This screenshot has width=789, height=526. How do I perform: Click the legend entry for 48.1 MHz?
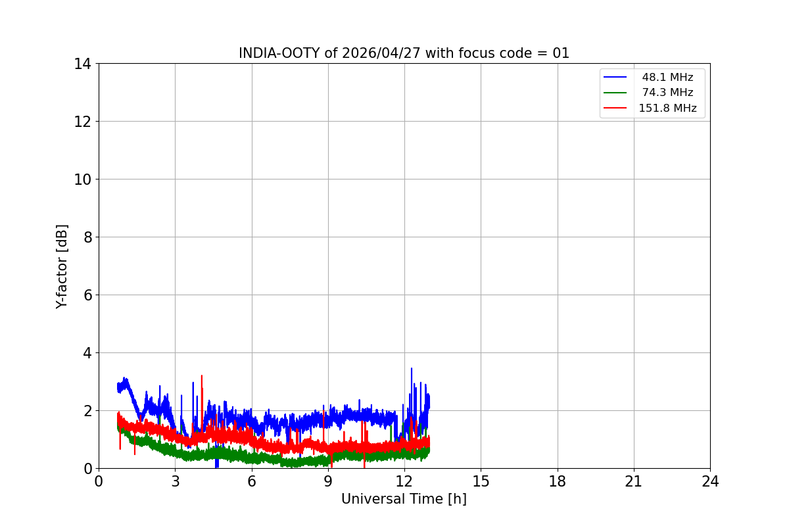click(667, 78)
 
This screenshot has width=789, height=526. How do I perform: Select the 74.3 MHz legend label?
click(667, 93)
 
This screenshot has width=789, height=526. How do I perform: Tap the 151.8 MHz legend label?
click(667, 108)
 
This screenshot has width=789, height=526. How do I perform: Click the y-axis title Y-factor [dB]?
click(62, 266)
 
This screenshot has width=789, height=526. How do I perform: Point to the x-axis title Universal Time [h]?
click(404, 500)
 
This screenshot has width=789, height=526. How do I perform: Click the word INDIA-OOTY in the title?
click(279, 53)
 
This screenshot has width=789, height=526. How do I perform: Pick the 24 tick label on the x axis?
click(710, 482)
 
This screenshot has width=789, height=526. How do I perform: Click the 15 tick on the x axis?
click(481, 482)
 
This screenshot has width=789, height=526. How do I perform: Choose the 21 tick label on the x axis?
click(634, 482)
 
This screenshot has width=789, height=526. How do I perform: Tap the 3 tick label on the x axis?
click(175, 482)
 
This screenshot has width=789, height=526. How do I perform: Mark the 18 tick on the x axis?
click(558, 482)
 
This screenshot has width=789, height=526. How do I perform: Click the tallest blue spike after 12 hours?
click(412, 370)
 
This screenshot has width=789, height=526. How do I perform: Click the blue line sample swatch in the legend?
click(615, 78)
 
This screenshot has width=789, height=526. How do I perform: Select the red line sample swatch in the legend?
click(615, 108)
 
